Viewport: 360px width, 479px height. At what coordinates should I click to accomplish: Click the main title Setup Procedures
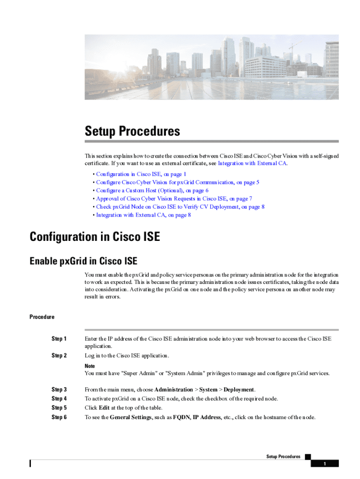132,131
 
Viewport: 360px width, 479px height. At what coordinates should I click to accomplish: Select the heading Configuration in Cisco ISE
95,237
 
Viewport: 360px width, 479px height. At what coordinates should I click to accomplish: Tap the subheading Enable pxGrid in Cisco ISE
83,261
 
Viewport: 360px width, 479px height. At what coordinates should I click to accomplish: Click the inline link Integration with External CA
252,163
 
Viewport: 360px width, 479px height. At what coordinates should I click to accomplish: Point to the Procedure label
42,317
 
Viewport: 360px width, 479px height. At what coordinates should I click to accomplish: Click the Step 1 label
59,339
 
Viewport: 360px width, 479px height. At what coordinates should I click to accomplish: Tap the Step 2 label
59,356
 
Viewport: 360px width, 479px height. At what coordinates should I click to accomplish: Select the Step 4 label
59,399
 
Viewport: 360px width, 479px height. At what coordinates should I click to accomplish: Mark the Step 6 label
59,417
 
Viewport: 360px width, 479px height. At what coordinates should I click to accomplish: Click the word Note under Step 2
90,366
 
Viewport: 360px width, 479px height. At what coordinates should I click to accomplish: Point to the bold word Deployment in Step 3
238,390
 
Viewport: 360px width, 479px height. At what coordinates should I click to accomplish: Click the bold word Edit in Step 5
104,408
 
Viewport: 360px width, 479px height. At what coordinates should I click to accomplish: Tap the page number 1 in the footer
324,464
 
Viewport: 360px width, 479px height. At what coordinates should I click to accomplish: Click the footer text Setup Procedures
283,457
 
